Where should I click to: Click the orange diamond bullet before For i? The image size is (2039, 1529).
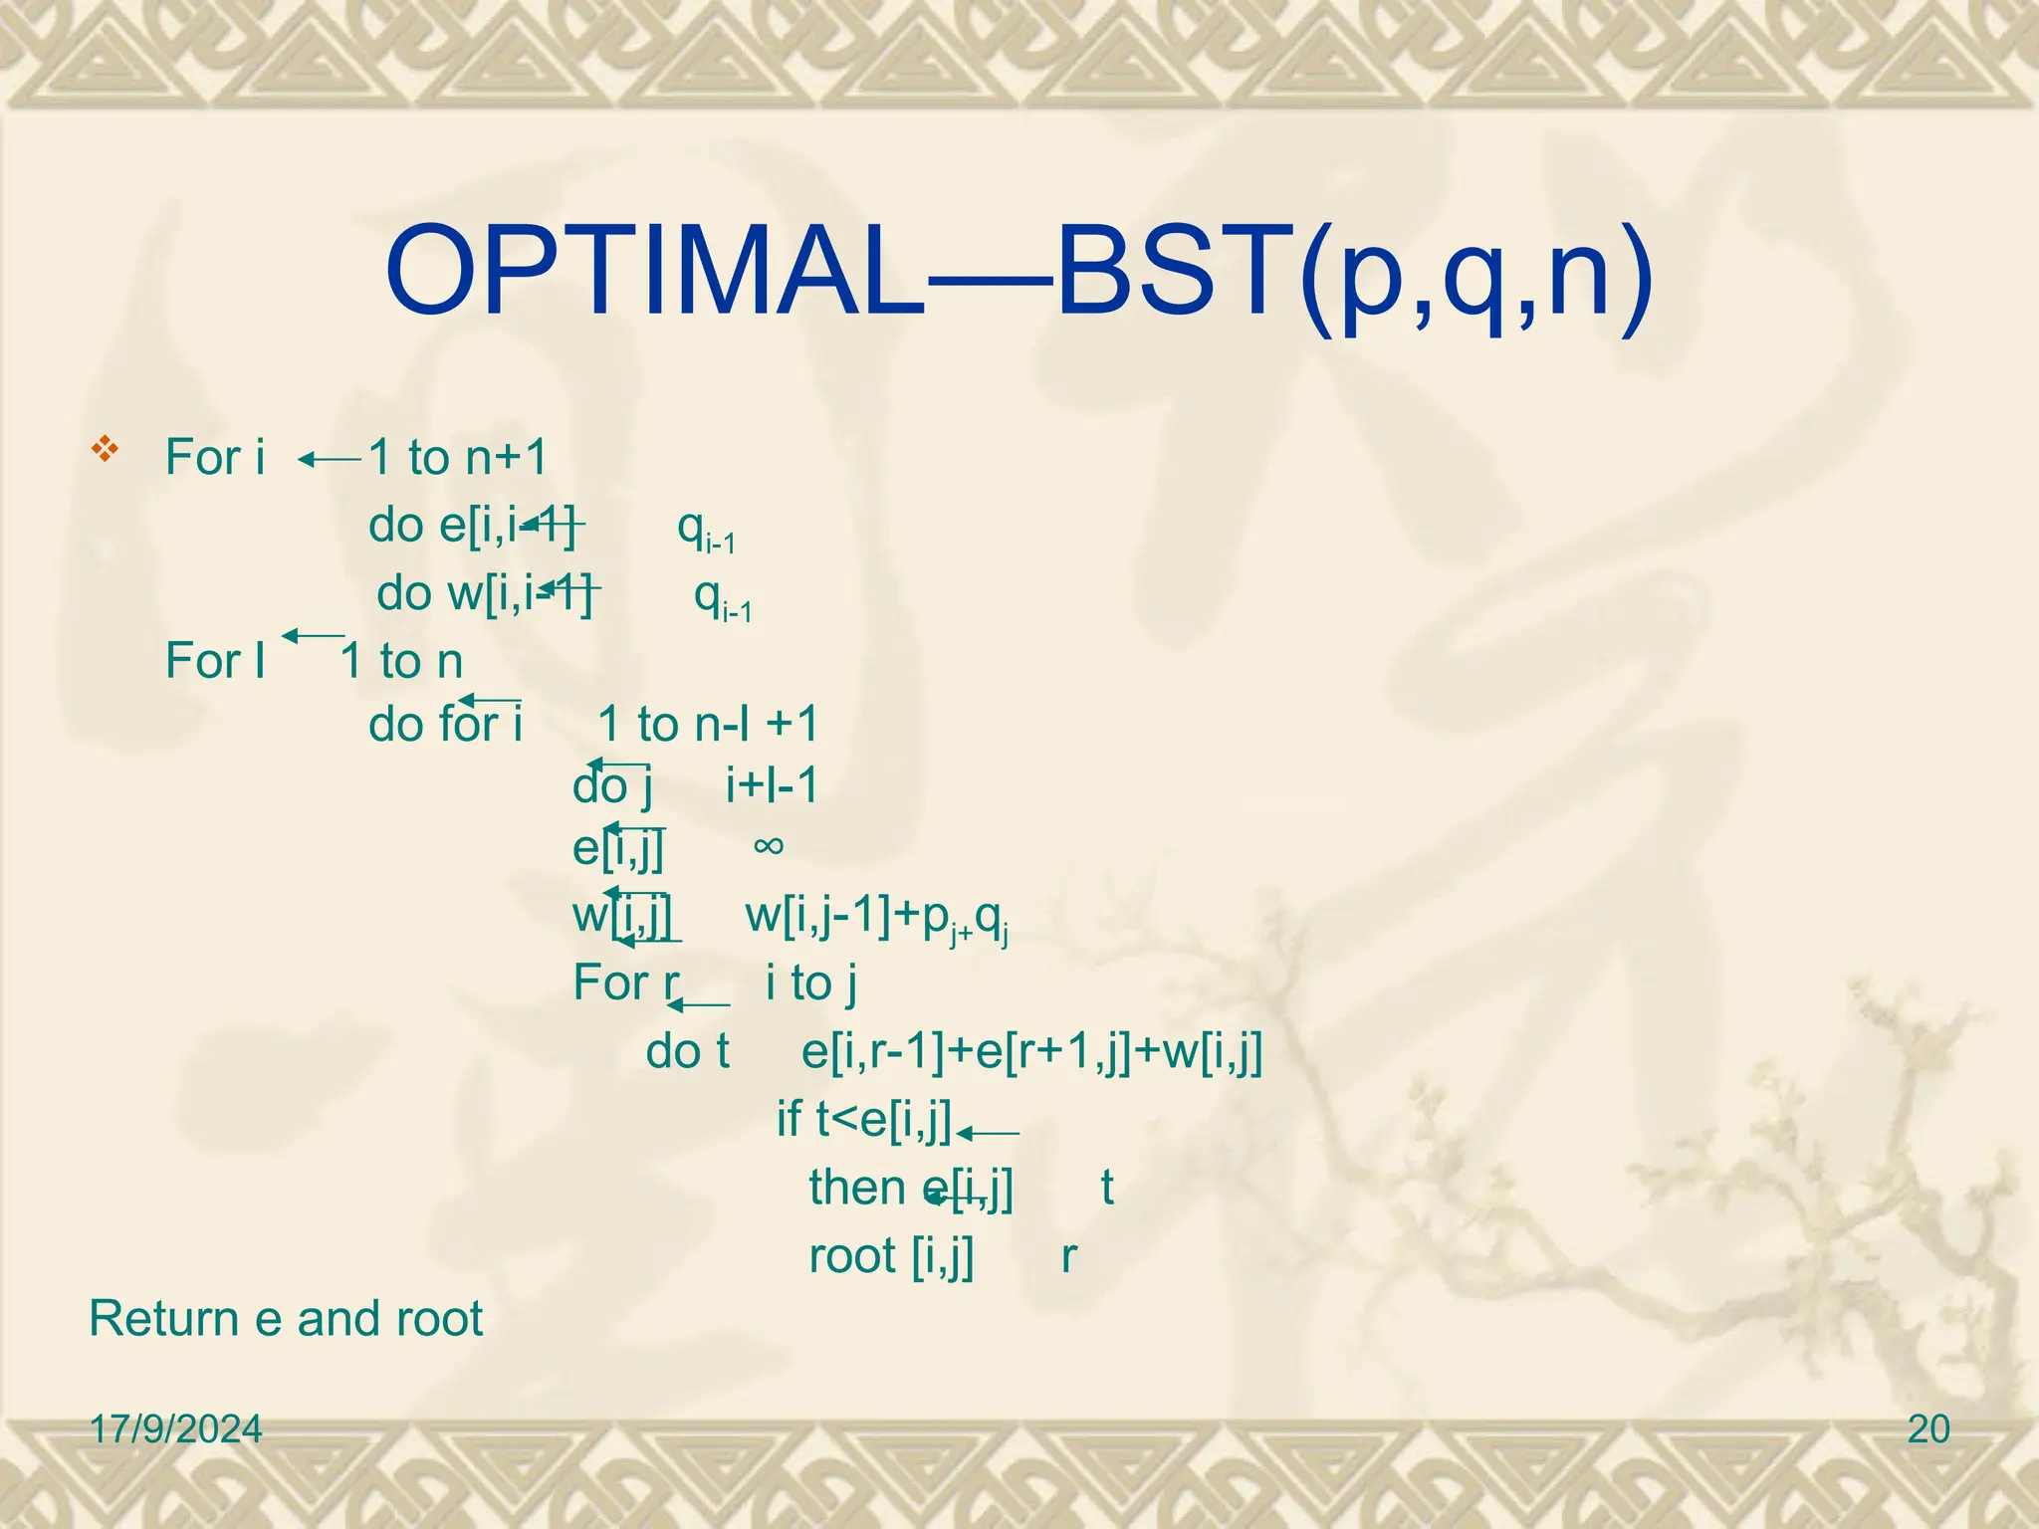point(105,449)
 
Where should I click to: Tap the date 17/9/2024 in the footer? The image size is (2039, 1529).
point(175,1429)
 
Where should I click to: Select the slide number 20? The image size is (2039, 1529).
point(1928,1429)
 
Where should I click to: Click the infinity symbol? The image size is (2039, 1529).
point(769,846)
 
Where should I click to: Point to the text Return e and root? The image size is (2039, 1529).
point(286,1319)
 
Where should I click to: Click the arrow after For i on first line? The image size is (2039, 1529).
point(330,460)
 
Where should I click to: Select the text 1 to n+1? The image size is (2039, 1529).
point(458,458)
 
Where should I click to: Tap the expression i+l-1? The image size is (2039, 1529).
point(772,786)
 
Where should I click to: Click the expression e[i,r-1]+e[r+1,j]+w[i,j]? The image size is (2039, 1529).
point(1032,1052)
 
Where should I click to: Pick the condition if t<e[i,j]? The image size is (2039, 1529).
point(864,1119)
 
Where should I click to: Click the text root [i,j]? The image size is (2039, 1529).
point(891,1256)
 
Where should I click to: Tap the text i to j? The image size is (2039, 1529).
point(811,983)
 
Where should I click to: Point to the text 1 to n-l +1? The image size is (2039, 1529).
point(708,724)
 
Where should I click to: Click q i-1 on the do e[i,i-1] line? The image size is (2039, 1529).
point(705,529)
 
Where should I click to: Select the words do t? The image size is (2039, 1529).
point(687,1052)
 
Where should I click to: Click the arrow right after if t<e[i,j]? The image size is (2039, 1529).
point(988,1133)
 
